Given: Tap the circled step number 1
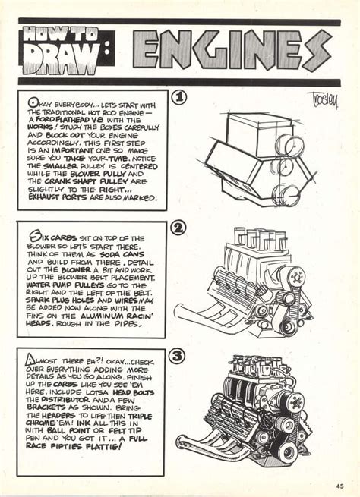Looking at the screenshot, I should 179,98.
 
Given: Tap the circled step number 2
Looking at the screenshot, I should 178,228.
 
